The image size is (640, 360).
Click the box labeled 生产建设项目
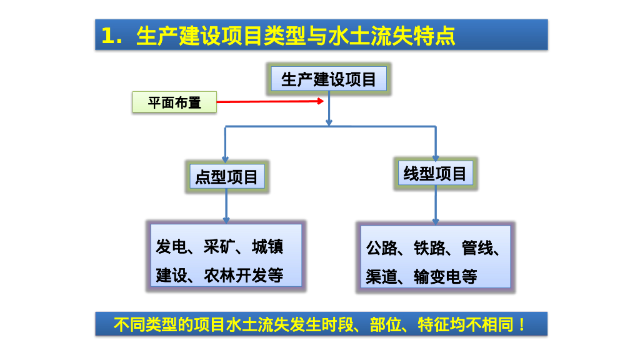(329, 79)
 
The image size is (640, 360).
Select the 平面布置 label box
(174, 102)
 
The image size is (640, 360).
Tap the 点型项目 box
(226, 177)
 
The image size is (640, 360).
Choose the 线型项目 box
(435, 174)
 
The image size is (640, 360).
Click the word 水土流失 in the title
(359, 36)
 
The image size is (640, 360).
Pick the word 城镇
(267, 247)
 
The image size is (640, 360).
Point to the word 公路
(382, 249)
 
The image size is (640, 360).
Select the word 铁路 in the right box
(429, 249)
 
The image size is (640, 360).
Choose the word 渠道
(382, 277)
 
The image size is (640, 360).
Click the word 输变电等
(446, 277)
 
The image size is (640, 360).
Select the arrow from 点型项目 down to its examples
(226, 206)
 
